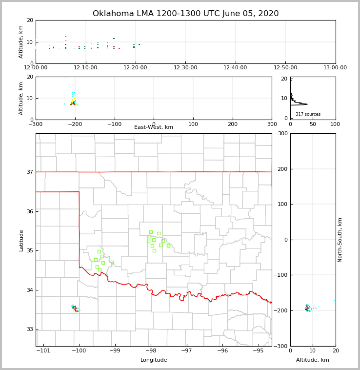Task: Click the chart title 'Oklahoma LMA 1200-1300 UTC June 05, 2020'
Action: pyautogui.click(x=185, y=14)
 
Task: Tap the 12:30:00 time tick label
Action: pyautogui.click(x=185, y=68)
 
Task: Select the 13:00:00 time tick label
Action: pyautogui.click(x=335, y=68)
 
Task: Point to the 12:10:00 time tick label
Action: pyautogui.click(x=85, y=68)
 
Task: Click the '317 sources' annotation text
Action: pyautogui.click(x=308, y=114)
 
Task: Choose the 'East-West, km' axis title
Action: pyautogui.click(x=154, y=127)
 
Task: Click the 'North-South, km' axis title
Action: pyautogui.click(x=340, y=240)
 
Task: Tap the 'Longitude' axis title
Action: pyautogui.click(x=154, y=360)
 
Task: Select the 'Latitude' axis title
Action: pyautogui.click(x=21, y=240)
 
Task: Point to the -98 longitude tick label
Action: pyautogui.click(x=150, y=351)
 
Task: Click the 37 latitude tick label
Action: pyautogui.click(x=29, y=172)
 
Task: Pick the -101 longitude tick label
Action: pyautogui.click(x=43, y=351)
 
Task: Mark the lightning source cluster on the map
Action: pyautogui.click(x=75, y=308)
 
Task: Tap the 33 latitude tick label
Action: pyautogui.click(x=29, y=329)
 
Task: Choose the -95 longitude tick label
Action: pyautogui.click(x=258, y=351)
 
